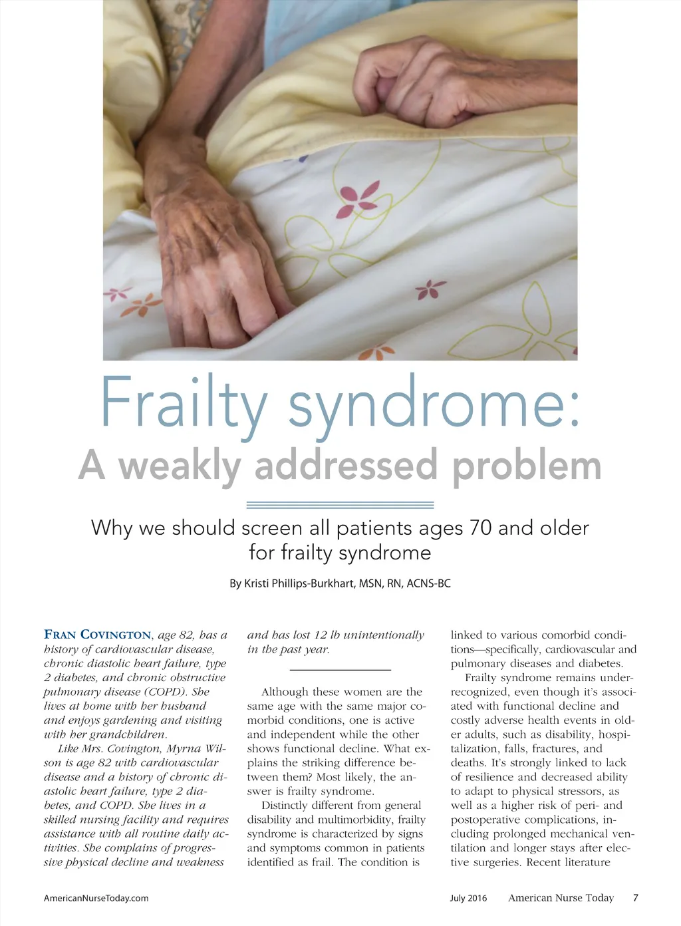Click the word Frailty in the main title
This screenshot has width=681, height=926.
pyautogui.click(x=183, y=404)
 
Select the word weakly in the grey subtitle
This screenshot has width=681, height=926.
pyautogui.click(x=180, y=465)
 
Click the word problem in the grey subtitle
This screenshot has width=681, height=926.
pyautogui.click(x=527, y=465)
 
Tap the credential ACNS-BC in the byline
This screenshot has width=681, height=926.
pyautogui.click(x=428, y=583)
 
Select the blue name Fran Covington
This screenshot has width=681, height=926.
pyautogui.click(x=97, y=635)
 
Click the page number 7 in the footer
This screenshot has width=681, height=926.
pyautogui.click(x=636, y=897)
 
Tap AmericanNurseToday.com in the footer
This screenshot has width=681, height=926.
pyautogui.click(x=96, y=898)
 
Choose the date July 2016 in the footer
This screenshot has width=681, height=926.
pyautogui.click(x=468, y=898)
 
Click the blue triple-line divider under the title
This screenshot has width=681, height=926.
pyautogui.click(x=340, y=505)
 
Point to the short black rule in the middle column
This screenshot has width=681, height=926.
pyautogui.click(x=340, y=669)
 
